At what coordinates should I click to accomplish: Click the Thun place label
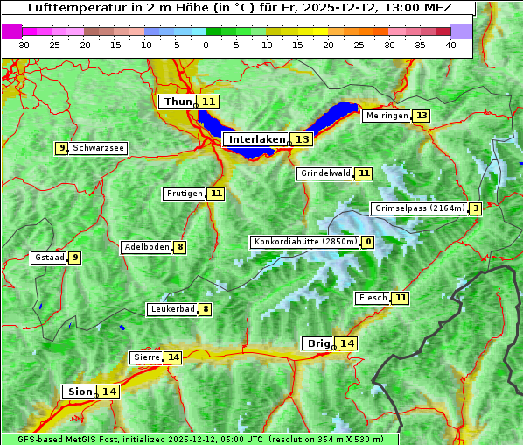177,102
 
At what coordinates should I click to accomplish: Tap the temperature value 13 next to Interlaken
302,139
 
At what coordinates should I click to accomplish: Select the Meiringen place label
386,116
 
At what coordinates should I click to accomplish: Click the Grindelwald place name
324,173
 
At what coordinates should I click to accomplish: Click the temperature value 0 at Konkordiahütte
368,242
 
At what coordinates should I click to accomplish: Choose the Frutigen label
184,194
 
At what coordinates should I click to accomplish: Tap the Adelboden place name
146,247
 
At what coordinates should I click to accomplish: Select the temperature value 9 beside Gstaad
75,258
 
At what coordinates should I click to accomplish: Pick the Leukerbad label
171,309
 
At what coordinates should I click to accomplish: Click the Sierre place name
146,357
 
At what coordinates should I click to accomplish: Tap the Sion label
78,392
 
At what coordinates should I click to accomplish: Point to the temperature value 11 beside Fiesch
401,298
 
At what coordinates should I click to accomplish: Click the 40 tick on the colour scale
450,45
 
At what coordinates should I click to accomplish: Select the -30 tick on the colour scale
23,45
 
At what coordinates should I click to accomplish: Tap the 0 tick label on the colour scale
206,45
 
